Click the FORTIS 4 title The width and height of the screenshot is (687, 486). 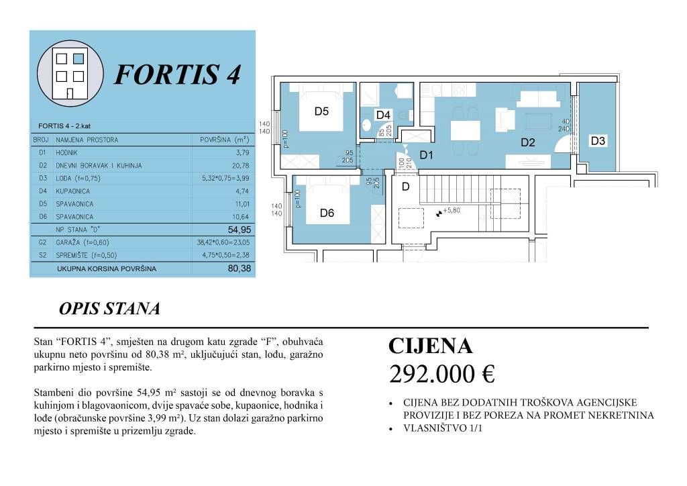[x=177, y=75]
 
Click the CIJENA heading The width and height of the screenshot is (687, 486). [x=430, y=346]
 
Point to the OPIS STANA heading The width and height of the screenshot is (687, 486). [x=109, y=309]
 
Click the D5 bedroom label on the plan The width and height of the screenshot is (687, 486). [x=321, y=112]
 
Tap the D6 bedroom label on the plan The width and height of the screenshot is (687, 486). [x=327, y=213]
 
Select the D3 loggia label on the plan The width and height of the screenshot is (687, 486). [x=598, y=141]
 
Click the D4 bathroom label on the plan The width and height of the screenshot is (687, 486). [x=383, y=115]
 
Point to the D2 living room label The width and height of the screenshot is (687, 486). [x=527, y=142]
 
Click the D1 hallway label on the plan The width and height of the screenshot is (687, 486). [x=427, y=155]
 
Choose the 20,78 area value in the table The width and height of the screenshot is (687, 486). [x=238, y=166]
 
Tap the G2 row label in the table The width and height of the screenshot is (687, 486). [x=42, y=242]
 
